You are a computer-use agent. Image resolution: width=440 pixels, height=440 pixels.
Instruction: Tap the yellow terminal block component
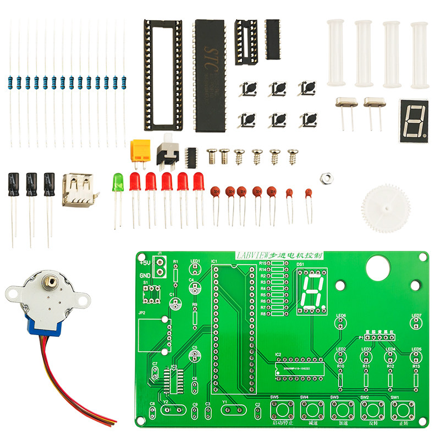tap(140, 149)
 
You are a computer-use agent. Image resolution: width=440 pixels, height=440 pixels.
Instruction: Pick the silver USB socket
tap(78, 190)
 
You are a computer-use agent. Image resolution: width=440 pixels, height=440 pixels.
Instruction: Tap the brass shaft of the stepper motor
tap(51, 282)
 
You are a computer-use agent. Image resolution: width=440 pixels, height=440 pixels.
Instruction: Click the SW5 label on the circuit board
tap(274, 397)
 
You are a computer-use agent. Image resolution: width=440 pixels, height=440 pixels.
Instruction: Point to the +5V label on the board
tap(145, 263)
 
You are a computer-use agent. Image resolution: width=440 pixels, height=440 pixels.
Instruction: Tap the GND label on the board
tap(145, 276)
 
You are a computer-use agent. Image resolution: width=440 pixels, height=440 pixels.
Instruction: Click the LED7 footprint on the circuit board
tap(416, 323)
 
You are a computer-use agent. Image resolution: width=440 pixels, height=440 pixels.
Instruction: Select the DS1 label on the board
tap(300, 265)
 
